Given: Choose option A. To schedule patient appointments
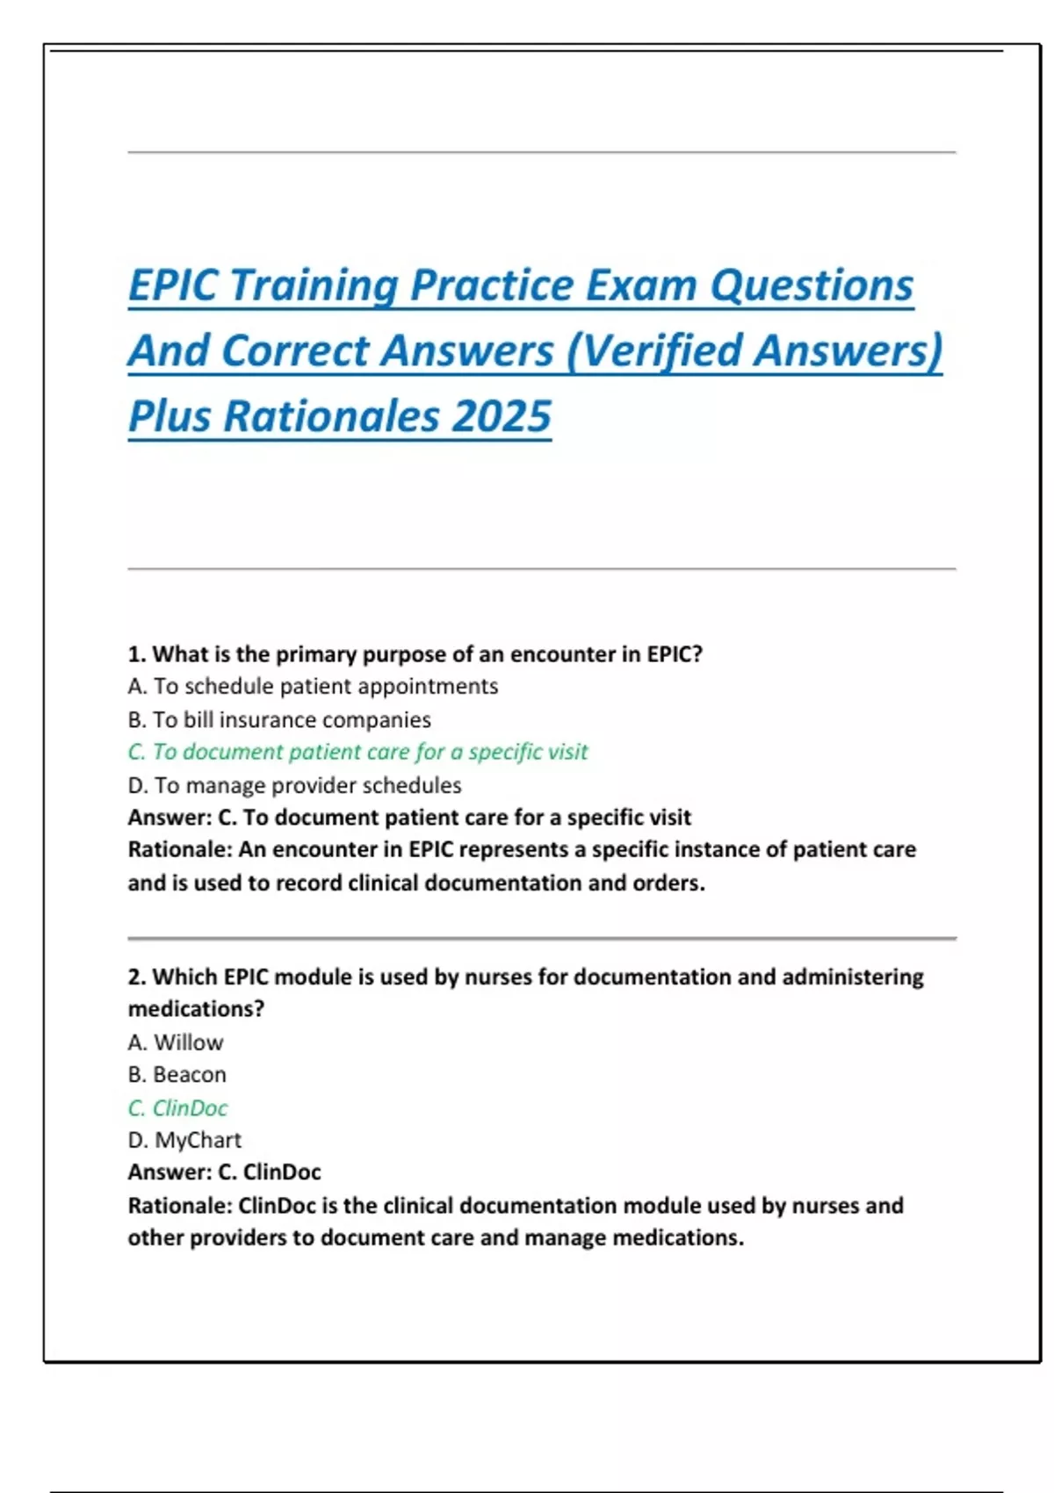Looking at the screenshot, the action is click(x=313, y=687).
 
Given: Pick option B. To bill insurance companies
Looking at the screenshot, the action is click(x=279, y=720).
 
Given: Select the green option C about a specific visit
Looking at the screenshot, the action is click(x=358, y=752).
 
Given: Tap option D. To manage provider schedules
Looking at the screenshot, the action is click(x=294, y=785).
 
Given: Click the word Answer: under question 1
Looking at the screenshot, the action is click(x=170, y=817).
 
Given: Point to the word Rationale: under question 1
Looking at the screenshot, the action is click(x=180, y=849).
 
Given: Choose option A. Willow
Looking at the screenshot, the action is click(x=176, y=1042).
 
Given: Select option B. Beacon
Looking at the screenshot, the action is click(x=177, y=1074).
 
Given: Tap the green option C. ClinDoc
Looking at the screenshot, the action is click(x=178, y=1107).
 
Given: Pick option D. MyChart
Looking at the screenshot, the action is click(x=184, y=1140).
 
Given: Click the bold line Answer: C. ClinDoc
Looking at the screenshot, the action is click(x=225, y=1172).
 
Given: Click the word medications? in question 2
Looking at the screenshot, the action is click(x=196, y=1009).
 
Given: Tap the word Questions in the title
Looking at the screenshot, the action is click(x=812, y=286).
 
